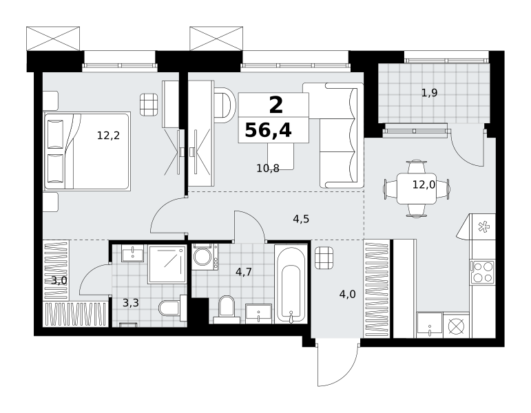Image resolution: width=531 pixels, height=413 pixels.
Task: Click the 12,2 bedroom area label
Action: coord(108,136)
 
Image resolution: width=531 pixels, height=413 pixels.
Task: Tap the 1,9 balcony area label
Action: coord(429,92)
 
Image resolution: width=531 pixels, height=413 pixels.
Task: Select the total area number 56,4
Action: coord(268,130)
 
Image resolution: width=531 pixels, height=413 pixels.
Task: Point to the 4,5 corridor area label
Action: coord(301,219)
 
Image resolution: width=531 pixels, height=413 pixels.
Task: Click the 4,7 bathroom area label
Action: coord(244,271)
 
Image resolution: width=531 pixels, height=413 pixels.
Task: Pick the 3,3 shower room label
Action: coord(131,303)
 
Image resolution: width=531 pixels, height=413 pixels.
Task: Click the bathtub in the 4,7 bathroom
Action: coord(291,284)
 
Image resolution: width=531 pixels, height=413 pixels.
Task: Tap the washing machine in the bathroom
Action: coord(205,257)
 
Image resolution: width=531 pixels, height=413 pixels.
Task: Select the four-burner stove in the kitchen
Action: coord(483,272)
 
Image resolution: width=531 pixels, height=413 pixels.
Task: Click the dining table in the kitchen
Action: coord(417,188)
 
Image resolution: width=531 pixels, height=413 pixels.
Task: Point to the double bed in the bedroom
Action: coord(87,151)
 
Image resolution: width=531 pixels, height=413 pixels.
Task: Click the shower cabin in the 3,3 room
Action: coord(167,264)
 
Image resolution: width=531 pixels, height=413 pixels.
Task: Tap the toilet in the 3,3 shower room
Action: coord(173,308)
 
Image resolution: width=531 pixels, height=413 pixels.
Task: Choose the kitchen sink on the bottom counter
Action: coord(430,325)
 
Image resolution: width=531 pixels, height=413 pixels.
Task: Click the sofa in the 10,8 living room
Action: coord(339,136)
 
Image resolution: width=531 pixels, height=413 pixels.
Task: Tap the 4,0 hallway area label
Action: coord(347,294)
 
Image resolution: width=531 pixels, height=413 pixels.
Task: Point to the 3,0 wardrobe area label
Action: coord(59,280)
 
